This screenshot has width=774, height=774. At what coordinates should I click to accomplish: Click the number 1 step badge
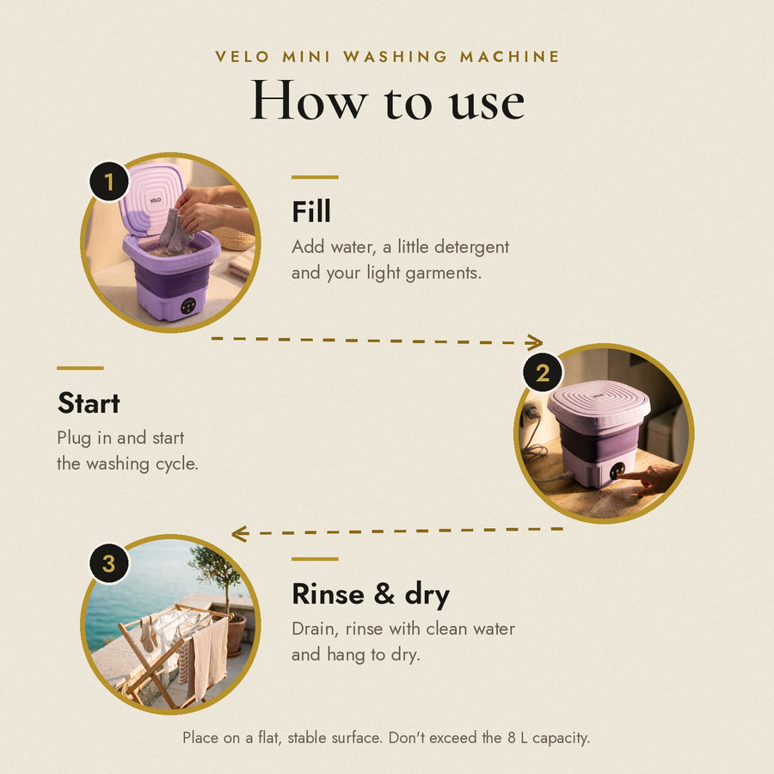(109, 181)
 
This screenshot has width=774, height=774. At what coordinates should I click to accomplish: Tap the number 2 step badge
(543, 372)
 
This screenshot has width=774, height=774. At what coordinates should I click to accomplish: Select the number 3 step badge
(109, 563)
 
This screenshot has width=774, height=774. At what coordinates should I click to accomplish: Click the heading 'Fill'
(311, 212)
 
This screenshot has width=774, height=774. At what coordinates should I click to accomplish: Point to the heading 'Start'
(89, 402)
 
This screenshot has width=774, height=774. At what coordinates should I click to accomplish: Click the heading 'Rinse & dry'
(371, 594)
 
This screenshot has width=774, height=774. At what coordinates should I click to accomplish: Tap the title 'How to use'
(388, 101)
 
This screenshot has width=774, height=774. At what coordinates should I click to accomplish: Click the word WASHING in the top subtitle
(395, 56)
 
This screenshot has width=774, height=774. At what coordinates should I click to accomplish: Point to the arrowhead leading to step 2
(535, 342)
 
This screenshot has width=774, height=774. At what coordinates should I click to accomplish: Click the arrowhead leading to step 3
(239, 533)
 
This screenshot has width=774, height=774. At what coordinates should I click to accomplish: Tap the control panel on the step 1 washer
(187, 305)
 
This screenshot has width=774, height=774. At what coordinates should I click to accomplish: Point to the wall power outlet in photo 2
(531, 413)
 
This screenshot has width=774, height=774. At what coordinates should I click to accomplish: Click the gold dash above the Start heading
(80, 368)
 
